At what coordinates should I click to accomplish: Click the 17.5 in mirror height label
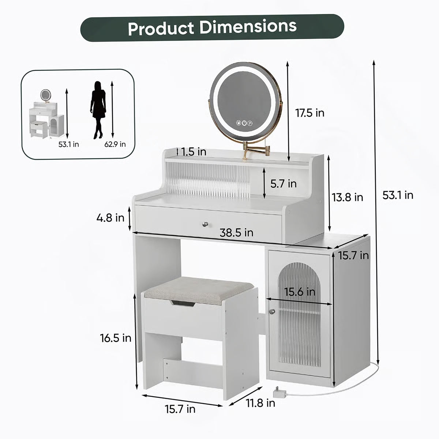click(309, 113)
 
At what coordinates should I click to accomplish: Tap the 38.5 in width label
click(236, 233)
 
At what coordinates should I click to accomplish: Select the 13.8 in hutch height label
click(347, 197)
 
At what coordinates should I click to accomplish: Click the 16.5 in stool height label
click(116, 338)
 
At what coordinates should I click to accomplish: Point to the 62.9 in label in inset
click(115, 144)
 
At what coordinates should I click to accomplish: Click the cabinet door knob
click(271, 311)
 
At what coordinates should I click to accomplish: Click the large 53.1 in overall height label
click(398, 195)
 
